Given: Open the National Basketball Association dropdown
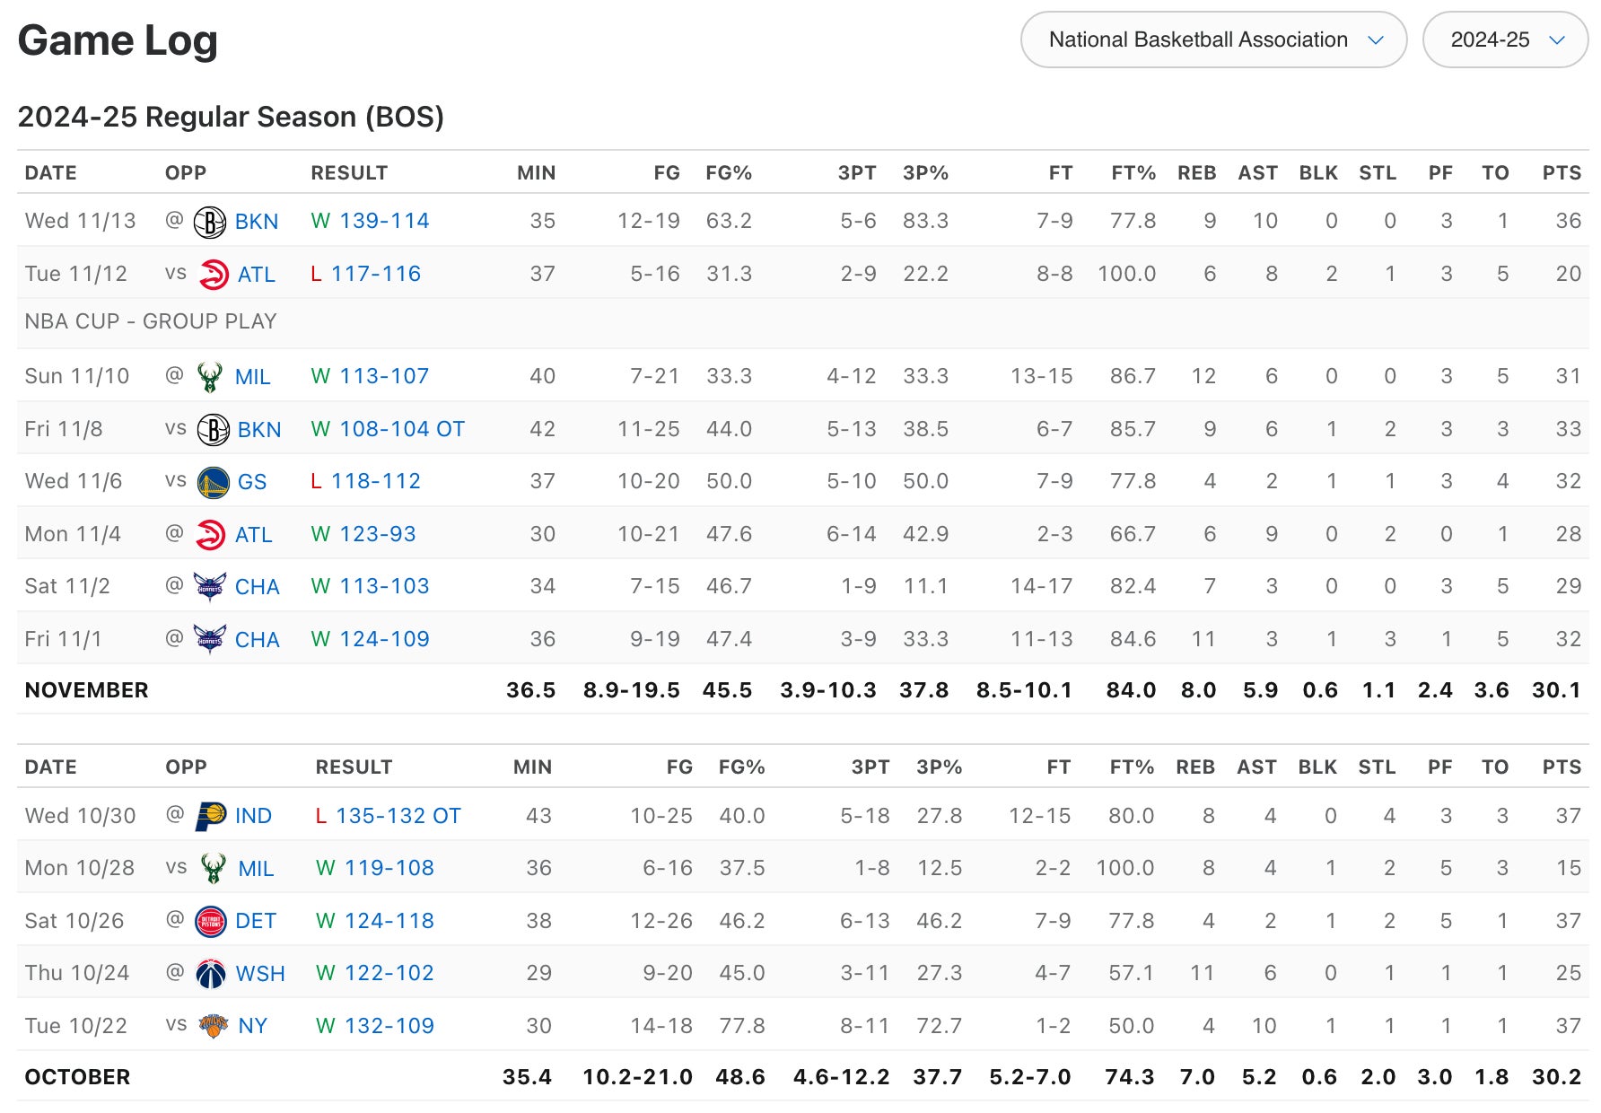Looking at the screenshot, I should pos(1212,39).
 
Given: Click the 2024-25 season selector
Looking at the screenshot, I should pos(1505,39).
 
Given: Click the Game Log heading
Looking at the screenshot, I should pos(118,40).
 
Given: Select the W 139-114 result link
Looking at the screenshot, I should pos(370,221).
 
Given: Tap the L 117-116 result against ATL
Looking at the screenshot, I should pos(365,274).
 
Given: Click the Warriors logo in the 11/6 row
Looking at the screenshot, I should pos(213,482).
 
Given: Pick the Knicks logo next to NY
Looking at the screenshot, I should pos(213,1026).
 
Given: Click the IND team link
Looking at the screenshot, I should pos(253,816).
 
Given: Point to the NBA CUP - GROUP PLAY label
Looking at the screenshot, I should pos(151,321).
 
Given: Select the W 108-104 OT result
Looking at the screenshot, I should pos(388,429).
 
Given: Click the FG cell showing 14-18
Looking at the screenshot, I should pos(661,1026).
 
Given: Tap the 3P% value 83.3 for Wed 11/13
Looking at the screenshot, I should pos(925,221).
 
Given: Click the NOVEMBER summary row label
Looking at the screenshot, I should pos(86,690).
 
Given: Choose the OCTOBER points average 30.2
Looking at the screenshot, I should pos(1556,1077).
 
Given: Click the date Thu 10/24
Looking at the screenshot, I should pos(77,973).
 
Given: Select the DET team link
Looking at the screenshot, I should pos(256,921).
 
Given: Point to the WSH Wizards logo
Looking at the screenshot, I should pos(211,974).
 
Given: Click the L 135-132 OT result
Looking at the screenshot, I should pos(388,816).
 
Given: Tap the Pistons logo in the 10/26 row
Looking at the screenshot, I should pos(211,922).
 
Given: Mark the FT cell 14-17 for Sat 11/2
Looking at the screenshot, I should pos(1041,586).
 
